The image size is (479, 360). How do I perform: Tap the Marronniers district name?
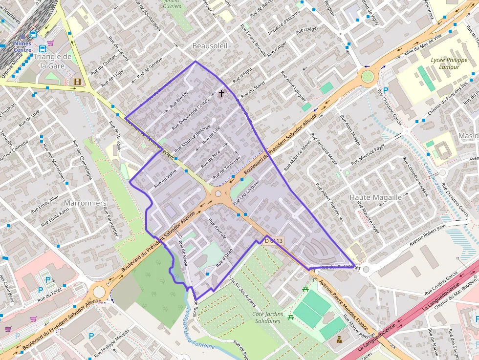86,203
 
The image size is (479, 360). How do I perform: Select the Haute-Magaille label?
375,197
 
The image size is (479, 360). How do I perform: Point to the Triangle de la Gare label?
52,61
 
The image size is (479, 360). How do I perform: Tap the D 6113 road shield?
274,241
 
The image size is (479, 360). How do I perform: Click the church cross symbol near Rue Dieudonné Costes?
221,92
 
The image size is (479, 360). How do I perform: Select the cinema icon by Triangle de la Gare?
77,82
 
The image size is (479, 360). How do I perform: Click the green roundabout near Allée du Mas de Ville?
367,76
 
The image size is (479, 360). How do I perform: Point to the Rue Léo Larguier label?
246,192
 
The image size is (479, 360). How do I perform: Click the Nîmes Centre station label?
22,46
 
